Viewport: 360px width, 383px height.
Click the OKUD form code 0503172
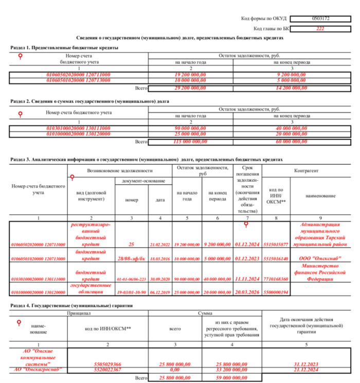tap(320, 19)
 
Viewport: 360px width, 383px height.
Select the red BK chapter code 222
tap(320, 28)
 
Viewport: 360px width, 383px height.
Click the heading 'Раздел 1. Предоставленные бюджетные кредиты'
tap(65, 48)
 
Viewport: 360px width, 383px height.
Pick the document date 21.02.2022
tap(159, 245)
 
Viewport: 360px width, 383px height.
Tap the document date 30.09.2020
tap(159, 279)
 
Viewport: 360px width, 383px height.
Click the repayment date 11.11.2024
tap(248, 278)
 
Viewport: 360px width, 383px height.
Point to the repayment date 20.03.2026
tap(248, 292)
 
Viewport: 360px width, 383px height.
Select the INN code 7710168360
tap(276, 279)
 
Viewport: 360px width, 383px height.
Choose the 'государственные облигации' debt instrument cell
tap(91, 288)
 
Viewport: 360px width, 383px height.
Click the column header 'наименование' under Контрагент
tap(322, 196)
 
